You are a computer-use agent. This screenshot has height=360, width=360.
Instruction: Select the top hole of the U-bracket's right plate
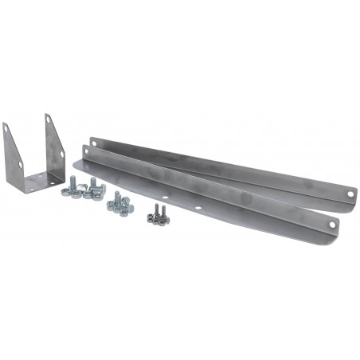tap(49, 121)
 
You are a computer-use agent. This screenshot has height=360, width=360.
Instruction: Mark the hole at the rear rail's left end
tap(96, 142)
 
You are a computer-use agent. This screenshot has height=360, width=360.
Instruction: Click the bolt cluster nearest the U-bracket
tap(82, 188)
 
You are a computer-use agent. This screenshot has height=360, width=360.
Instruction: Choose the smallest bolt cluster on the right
tap(157, 213)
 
